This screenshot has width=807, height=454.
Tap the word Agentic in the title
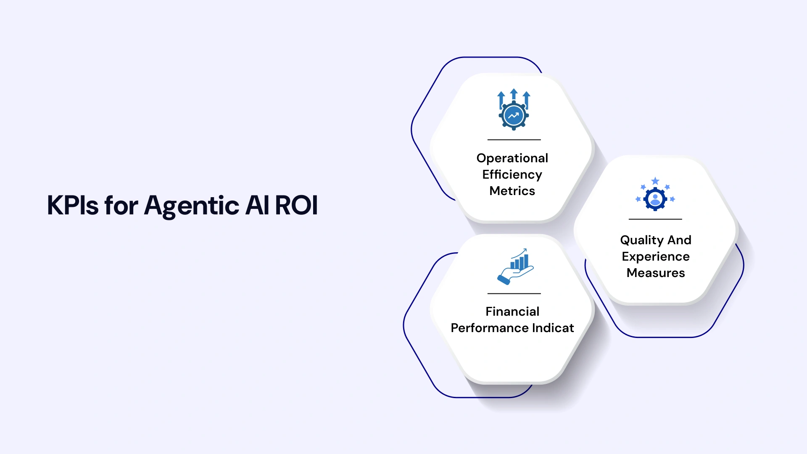(x=192, y=206)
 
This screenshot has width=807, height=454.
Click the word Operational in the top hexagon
(x=512, y=158)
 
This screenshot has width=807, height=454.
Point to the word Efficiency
(x=512, y=174)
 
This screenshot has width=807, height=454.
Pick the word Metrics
(x=512, y=191)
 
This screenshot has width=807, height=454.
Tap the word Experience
(x=655, y=256)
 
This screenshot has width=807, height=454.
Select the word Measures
(x=655, y=273)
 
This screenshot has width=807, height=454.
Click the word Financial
(x=512, y=311)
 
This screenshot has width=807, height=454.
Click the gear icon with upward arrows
(x=514, y=110)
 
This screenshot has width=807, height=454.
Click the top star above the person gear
(x=655, y=181)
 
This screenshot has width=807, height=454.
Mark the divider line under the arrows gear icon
(x=514, y=140)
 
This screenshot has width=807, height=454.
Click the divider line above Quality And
(x=655, y=219)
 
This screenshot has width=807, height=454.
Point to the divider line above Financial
(x=514, y=293)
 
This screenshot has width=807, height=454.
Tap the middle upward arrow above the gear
(x=514, y=94)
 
